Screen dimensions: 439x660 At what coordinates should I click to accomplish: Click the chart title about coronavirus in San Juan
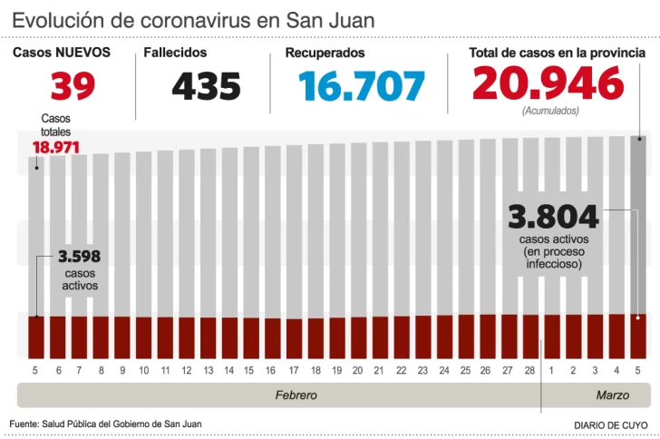pyautogui.click(x=193, y=20)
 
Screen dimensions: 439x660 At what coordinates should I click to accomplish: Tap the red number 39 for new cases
pyautogui.click(x=73, y=86)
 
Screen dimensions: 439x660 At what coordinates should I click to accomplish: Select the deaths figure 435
pyautogui.click(x=206, y=86)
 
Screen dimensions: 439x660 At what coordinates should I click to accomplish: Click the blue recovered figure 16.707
pyautogui.click(x=362, y=86)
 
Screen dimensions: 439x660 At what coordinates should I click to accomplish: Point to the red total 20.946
pyautogui.click(x=548, y=84)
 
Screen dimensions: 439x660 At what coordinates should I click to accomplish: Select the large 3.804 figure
pyautogui.click(x=553, y=218)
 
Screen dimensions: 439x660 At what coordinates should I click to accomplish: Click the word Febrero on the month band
pyautogui.click(x=296, y=396)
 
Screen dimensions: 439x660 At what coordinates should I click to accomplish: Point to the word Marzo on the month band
pyautogui.click(x=612, y=396)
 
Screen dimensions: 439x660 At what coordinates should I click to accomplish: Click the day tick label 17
pyautogui.click(x=294, y=371)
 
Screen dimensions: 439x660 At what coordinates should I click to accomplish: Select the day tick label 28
pyautogui.click(x=530, y=371)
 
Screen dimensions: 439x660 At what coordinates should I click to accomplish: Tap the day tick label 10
pyautogui.click(x=143, y=371)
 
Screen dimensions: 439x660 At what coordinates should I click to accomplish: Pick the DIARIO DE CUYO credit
pyautogui.click(x=611, y=424)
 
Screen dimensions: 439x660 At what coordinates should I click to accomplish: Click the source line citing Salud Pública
pyautogui.click(x=106, y=424)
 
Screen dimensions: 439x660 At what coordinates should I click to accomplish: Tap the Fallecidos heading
pyautogui.click(x=175, y=54)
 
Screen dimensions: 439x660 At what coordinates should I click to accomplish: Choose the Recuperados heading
pyautogui.click(x=325, y=54)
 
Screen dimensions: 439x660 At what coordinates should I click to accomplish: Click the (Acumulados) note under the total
pyautogui.click(x=550, y=111)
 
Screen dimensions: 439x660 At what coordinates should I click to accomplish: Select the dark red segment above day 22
pyautogui.click(x=402, y=337)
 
